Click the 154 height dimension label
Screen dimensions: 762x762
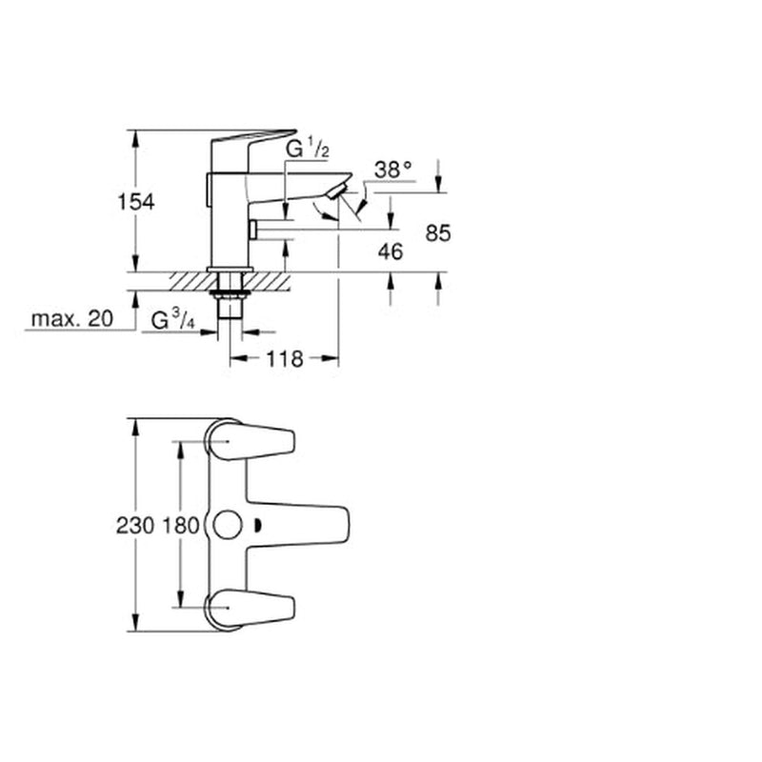[x=136, y=202]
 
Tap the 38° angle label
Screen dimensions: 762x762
[x=393, y=170]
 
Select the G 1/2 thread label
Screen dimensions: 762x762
[x=307, y=149]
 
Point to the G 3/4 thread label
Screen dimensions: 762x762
[x=173, y=321]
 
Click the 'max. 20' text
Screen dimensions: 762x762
[x=72, y=319]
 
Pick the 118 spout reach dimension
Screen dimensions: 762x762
[x=284, y=359]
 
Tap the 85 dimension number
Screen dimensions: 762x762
[x=438, y=233]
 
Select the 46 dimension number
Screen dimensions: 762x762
[x=391, y=251]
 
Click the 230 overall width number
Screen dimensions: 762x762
[x=135, y=526]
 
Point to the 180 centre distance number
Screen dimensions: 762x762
[x=180, y=526]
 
